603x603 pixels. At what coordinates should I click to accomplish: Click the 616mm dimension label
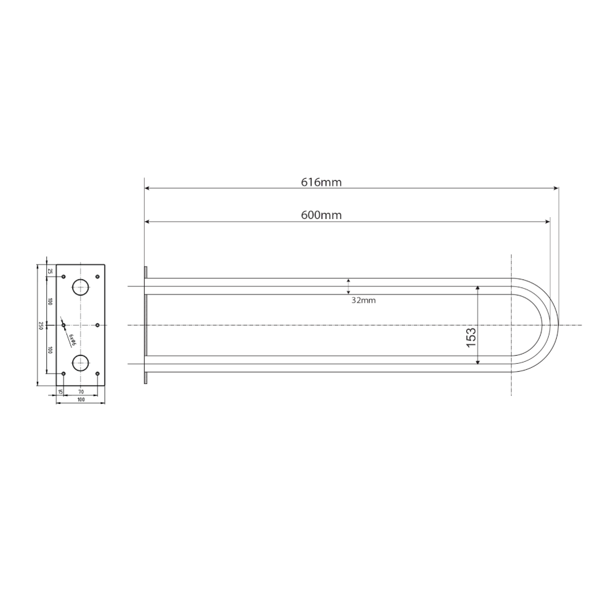click(321, 182)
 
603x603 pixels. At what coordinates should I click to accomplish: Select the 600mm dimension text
click(321, 215)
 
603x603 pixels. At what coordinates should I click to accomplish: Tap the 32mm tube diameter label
click(363, 300)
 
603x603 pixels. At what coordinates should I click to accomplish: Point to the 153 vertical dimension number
click(472, 337)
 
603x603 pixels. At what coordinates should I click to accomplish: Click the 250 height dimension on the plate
click(40, 326)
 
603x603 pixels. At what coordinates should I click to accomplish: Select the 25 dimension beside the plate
click(50, 271)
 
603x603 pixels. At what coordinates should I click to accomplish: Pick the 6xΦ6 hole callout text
click(72, 340)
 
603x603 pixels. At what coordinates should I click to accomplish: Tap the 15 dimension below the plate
click(60, 392)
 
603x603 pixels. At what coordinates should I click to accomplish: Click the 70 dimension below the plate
click(81, 392)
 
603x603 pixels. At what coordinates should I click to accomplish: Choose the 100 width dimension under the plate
click(81, 399)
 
